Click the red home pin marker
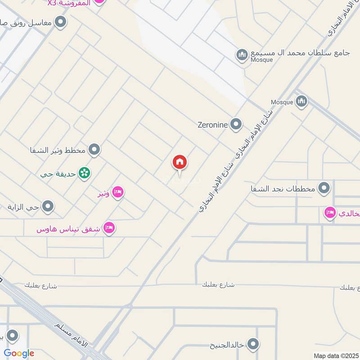click(x=180, y=162)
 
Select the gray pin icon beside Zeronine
click(x=235, y=125)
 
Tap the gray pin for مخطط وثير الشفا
click(x=94, y=149)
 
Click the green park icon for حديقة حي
click(x=83, y=173)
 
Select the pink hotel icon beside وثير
click(x=117, y=193)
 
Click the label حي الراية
click(x=24, y=207)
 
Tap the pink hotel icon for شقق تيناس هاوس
click(x=108, y=228)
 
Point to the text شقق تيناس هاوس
click(x=69, y=229)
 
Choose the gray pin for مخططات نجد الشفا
click(x=324, y=188)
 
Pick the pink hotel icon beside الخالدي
click(x=330, y=213)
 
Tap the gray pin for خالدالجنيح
click(x=253, y=345)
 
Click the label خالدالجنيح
click(x=227, y=345)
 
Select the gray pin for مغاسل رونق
click(x=60, y=22)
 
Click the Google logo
click(x=19, y=353)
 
